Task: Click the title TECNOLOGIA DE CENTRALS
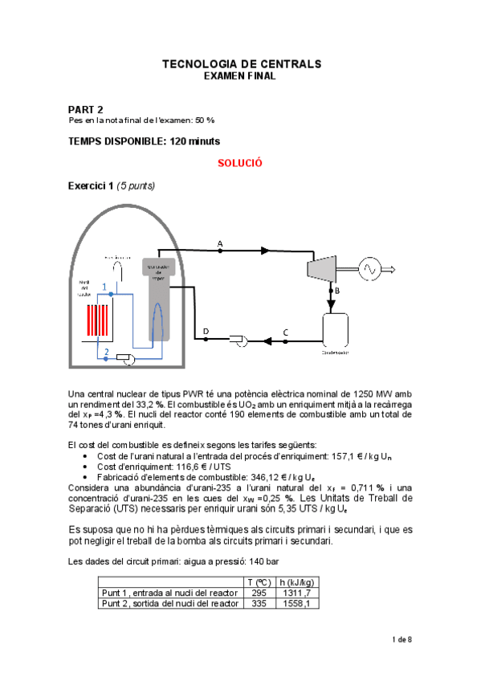pyautogui.click(x=241, y=63)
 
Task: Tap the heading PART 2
pyautogui.click(x=86, y=108)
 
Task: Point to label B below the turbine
pyautogui.click(x=337, y=291)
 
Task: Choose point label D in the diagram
pyautogui.click(x=206, y=331)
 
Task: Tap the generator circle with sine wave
pyautogui.click(x=371, y=270)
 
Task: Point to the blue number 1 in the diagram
pyautogui.click(x=103, y=287)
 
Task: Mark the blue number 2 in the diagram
pyautogui.click(x=106, y=352)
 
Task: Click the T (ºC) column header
pyautogui.click(x=256, y=582)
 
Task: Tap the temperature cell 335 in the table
pyautogui.click(x=256, y=604)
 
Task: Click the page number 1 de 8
pyautogui.click(x=401, y=639)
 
